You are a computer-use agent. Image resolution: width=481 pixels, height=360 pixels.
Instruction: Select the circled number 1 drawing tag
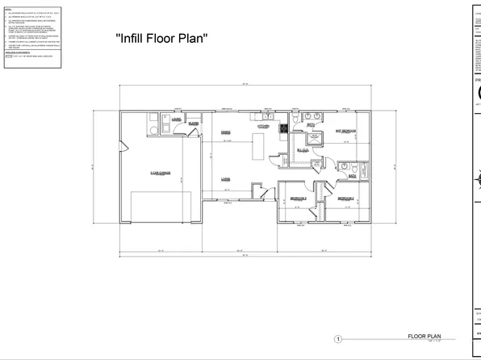pyautogui.click(x=339, y=340)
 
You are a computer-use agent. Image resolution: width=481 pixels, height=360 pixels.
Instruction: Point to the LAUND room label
pyautogui.click(x=175, y=120)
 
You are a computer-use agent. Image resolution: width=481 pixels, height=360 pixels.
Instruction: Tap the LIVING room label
pyautogui.click(x=227, y=179)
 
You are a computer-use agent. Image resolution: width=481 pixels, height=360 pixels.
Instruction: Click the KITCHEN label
pyautogui.click(x=263, y=126)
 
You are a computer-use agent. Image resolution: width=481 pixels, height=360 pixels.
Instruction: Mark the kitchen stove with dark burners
pyautogui.click(x=283, y=128)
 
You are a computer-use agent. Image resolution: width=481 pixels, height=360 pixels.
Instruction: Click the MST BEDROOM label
pyautogui.click(x=345, y=130)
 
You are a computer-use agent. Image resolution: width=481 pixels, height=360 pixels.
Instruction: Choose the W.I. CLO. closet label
pyautogui.click(x=303, y=149)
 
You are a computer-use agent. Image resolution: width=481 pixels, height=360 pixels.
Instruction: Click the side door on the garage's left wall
pyautogui.click(x=123, y=144)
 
